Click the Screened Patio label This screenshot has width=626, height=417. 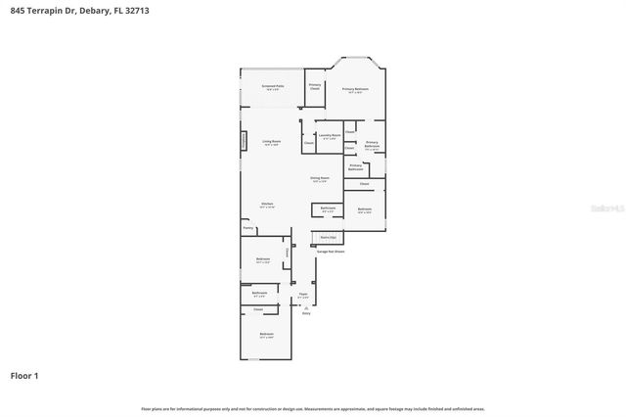click(x=273, y=87)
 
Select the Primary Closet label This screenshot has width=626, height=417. click(x=315, y=87)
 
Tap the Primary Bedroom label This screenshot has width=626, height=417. click(x=355, y=90)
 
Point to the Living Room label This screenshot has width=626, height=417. click(x=271, y=143)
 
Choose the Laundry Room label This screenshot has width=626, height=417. click(x=330, y=136)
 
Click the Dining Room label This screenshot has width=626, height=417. click(x=319, y=179)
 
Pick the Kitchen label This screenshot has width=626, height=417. click(x=267, y=205)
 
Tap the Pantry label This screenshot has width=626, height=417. click(x=248, y=228)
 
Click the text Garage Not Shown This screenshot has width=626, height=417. click(x=330, y=252)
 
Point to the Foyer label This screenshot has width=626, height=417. click(x=303, y=295)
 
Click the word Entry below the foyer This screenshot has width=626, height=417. click(x=305, y=313)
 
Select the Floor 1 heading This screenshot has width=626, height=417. click(x=24, y=375)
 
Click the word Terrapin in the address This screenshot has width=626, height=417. click(x=43, y=10)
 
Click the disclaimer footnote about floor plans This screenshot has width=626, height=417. click(x=313, y=408)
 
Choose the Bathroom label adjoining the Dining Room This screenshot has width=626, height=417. click(x=329, y=208)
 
